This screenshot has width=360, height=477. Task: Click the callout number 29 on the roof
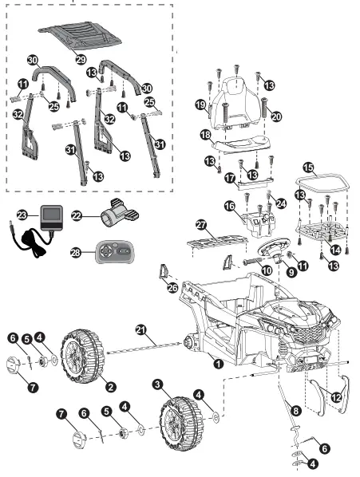(x=80, y=60)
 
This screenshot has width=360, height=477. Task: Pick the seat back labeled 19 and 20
(x=238, y=98)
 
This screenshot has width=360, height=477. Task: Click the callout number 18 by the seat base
(x=205, y=136)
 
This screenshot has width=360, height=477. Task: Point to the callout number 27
(x=201, y=227)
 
